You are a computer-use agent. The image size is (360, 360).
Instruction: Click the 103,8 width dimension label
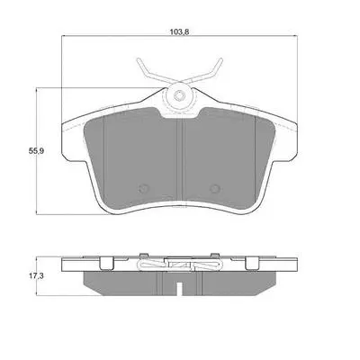tap(179, 31)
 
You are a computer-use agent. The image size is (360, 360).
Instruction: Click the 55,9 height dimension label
tap(36, 151)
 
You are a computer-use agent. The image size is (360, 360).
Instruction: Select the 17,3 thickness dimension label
tap(36, 276)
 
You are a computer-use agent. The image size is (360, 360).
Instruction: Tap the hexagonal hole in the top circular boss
tap(179, 96)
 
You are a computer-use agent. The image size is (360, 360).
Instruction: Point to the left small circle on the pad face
tap(143, 189)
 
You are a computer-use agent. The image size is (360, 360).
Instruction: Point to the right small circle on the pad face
tap(215, 189)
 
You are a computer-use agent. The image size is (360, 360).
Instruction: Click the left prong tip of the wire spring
tap(139, 59)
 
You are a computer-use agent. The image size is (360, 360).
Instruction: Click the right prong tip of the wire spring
tap(221, 59)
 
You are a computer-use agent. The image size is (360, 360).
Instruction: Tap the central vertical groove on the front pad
tap(179, 159)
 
